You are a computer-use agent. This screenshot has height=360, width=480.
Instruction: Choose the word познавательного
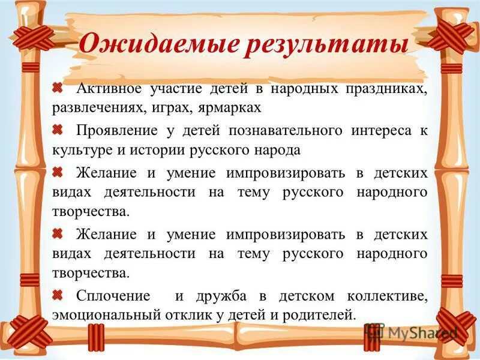[286, 130]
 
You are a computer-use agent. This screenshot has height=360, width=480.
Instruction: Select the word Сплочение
[113, 296]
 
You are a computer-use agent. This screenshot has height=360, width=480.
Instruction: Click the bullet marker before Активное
[58, 88]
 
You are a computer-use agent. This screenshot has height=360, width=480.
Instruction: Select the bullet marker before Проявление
[58, 129]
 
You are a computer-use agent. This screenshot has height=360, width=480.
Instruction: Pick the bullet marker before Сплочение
[58, 295]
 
